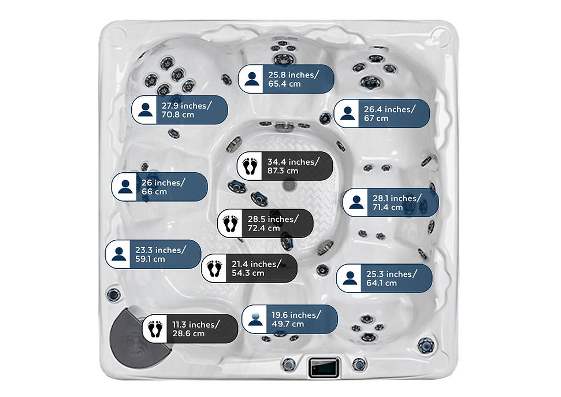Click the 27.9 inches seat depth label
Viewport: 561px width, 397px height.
point(180,110)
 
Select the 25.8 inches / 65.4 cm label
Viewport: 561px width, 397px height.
point(286,79)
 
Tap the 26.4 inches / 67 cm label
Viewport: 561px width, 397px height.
point(382,113)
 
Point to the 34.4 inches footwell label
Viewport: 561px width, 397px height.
point(285,166)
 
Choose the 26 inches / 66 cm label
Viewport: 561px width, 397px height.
point(159,187)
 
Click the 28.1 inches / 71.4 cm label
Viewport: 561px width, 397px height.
point(391,203)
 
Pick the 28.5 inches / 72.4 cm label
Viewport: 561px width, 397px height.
point(265,224)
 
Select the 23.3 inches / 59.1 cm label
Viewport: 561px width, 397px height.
point(153,254)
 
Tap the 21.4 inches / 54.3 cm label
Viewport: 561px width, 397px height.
point(250,268)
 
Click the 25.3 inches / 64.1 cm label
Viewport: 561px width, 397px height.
point(384,278)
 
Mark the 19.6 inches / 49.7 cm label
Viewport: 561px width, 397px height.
point(290,320)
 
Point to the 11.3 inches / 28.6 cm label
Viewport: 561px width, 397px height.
point(190,329)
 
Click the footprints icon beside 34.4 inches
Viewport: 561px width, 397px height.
point(250,166)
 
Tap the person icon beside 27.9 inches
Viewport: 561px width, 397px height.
point(145,110)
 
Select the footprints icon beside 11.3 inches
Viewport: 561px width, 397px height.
point(155,329)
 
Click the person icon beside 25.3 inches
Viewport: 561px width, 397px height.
point(350,278)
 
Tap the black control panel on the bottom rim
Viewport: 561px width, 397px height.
point(324,366)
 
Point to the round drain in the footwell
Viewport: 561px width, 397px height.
point(289,185)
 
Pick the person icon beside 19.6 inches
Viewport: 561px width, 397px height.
point(255,320)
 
